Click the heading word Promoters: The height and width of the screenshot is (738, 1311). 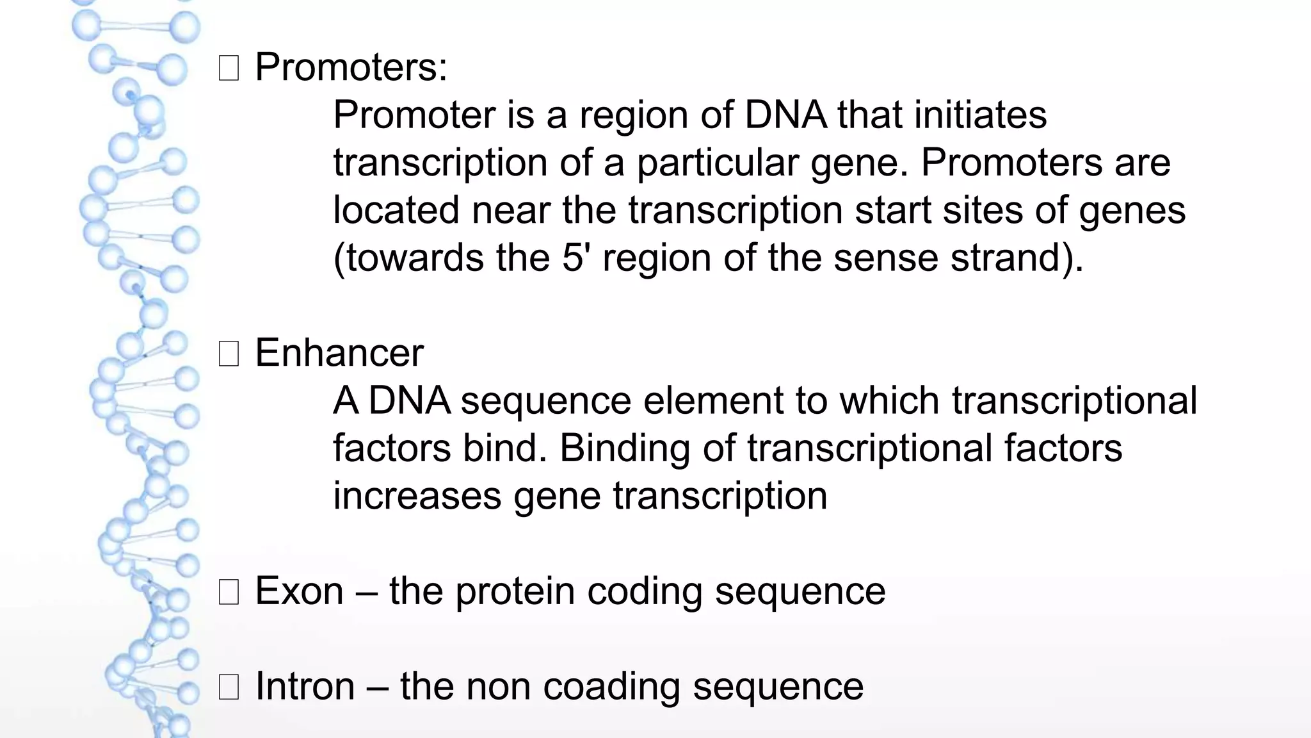tap(351, 67)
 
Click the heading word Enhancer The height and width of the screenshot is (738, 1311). tap(339, 353)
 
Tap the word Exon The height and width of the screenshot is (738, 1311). tap(299, 591)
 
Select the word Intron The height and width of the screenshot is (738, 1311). tap(305, 686)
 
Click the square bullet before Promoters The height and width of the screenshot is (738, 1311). tap(229, 68)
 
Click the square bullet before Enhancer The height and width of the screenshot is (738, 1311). tap(229, 354)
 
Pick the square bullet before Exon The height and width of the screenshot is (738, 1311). tap(229, 592)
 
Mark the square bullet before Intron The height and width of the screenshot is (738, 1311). tap(229, 687)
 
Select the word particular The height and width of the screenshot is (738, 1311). tap(717, 163)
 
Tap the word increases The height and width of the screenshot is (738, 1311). tap(417, 496)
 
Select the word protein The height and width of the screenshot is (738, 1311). tap(515, 591)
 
